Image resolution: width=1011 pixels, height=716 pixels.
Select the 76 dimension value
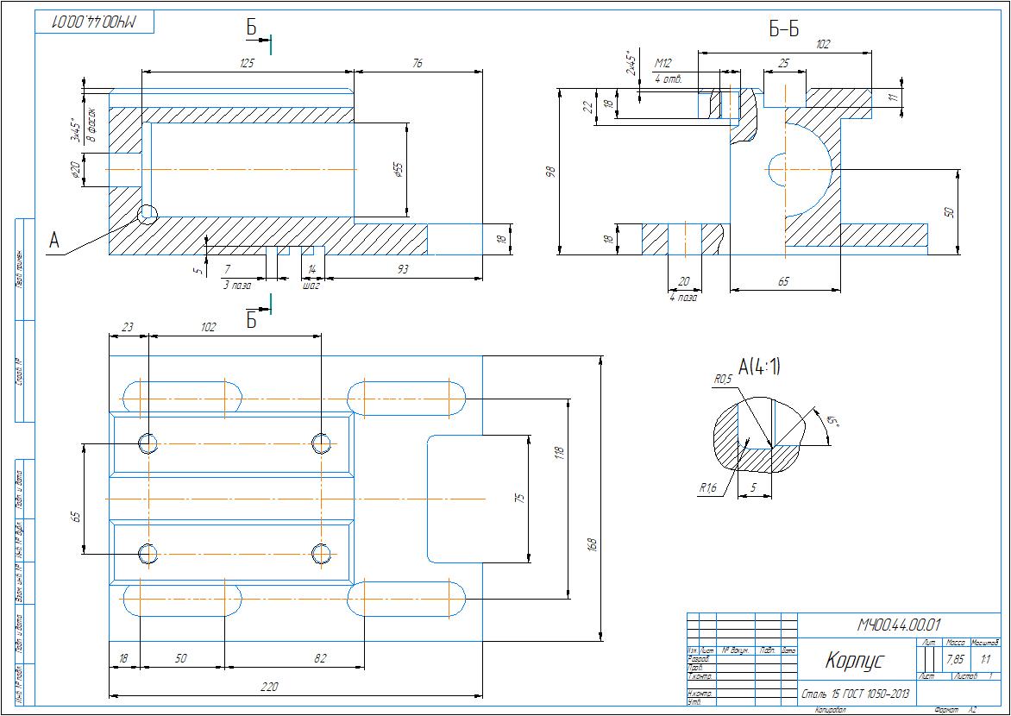(x=418, y=63)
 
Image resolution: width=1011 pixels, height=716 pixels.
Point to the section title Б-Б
(x=784, y=30)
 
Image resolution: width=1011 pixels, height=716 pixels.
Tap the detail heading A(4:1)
(x=759, y=367)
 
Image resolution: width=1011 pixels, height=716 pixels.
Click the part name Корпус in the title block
(x=854, y=662)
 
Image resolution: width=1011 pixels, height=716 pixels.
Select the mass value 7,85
(x=956, y=660)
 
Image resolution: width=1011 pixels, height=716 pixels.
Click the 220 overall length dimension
(x=294, y=688)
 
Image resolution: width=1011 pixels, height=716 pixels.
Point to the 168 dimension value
(x=592, y=545)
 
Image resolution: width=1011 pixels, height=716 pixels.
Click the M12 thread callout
(x=662, y=63)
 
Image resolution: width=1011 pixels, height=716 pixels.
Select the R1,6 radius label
(x=707, y=488)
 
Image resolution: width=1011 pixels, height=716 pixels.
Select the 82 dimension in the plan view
(x=320, y=658)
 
